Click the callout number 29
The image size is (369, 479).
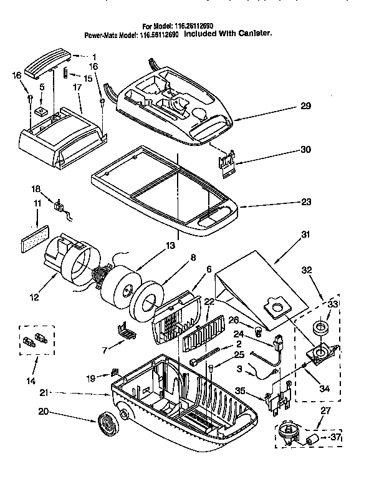point(305,107)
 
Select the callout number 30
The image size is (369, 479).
point(305,150)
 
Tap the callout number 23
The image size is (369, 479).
point(305,201)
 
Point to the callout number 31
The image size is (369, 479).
point(305,235)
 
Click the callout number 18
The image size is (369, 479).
point(36,188)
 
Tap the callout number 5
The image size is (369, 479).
point(42,87)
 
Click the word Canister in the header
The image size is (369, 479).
point(254,36)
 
